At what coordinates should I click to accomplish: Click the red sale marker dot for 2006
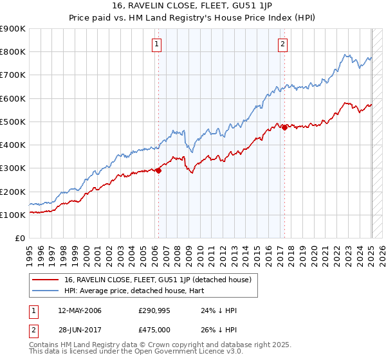[158, 170]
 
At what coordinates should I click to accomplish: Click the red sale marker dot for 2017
[284, 127]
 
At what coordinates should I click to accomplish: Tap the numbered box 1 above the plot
[157, 44]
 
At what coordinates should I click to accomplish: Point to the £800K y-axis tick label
[13, 52]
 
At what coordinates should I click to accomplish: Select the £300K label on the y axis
[13, 168]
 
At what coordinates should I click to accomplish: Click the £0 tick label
[19, 239]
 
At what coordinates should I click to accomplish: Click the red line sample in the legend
[46, 280]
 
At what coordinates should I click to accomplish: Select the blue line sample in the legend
[46, 290]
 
